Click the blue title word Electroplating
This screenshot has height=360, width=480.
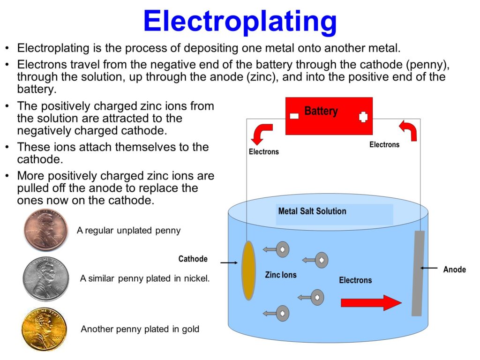coord(240,21)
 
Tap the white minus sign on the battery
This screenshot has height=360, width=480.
coord(294,116)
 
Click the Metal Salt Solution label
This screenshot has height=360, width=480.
coord(312,211)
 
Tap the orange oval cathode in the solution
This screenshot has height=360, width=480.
coord(248,270)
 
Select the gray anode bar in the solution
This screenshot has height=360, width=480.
coord(418,273)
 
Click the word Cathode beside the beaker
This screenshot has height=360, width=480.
coord(193,259)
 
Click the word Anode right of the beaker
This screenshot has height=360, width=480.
coord(455,270)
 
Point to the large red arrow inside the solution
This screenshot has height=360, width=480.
coord(371,303)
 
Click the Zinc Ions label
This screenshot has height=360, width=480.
coord(281,275)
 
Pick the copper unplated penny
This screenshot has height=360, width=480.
coord(46,231)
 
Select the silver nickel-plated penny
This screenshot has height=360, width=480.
coord(46,278)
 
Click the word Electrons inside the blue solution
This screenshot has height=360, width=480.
coord(355,280)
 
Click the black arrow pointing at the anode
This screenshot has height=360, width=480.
coord(428,268)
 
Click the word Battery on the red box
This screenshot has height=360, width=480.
coord(321,111)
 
